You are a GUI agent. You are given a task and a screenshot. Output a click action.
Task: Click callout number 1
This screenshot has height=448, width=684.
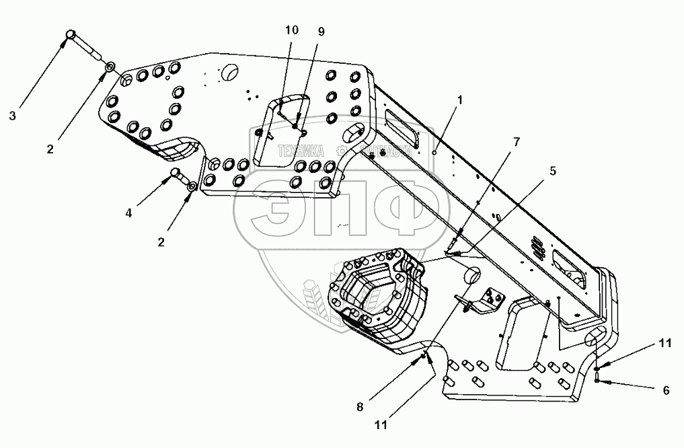[x=460, y=100]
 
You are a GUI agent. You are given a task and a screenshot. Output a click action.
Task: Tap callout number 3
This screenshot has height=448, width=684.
[x=12, y=115]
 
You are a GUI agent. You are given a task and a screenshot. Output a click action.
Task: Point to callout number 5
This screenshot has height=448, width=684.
[x=552, y=171]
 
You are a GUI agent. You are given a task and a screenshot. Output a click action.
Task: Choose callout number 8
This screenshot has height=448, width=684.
[x=360, y=406]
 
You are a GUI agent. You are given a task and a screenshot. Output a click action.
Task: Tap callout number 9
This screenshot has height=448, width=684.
[x=320, y=31]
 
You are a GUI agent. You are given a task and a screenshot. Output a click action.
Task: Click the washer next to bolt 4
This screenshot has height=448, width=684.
[x=191, y=186]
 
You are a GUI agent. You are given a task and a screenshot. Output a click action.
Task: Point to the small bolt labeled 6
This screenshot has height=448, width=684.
[x=597, y=381]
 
